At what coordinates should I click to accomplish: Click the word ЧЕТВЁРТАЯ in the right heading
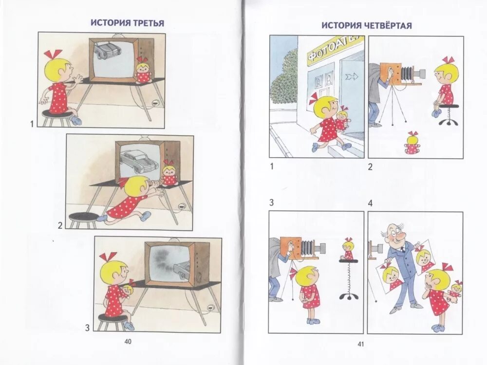coord(386,25)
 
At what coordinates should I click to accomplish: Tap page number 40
coord(128,341)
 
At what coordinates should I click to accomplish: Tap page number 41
coord(361,344)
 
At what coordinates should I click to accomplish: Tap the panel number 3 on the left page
coord(87,328)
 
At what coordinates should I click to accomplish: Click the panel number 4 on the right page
coord(370,203)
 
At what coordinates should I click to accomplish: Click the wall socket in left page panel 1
coord(154,103)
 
